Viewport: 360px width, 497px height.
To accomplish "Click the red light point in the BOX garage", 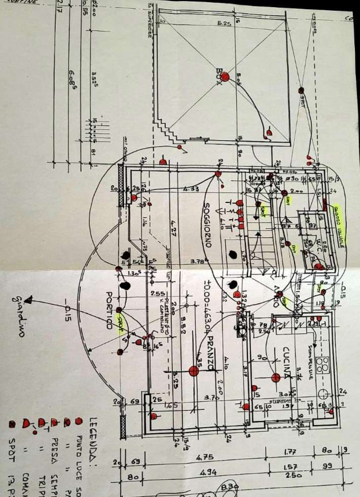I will tap(225, 77).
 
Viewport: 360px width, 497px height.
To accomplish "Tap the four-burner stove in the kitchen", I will tap(323, 365).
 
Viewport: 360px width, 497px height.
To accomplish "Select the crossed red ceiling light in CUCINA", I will tap(276, 377).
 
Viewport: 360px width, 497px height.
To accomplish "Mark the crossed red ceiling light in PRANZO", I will tap(193, 371).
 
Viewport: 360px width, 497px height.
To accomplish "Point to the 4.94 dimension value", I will tap(208, 473).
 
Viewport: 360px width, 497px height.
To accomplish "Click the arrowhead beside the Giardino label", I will tap(30, 299).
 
